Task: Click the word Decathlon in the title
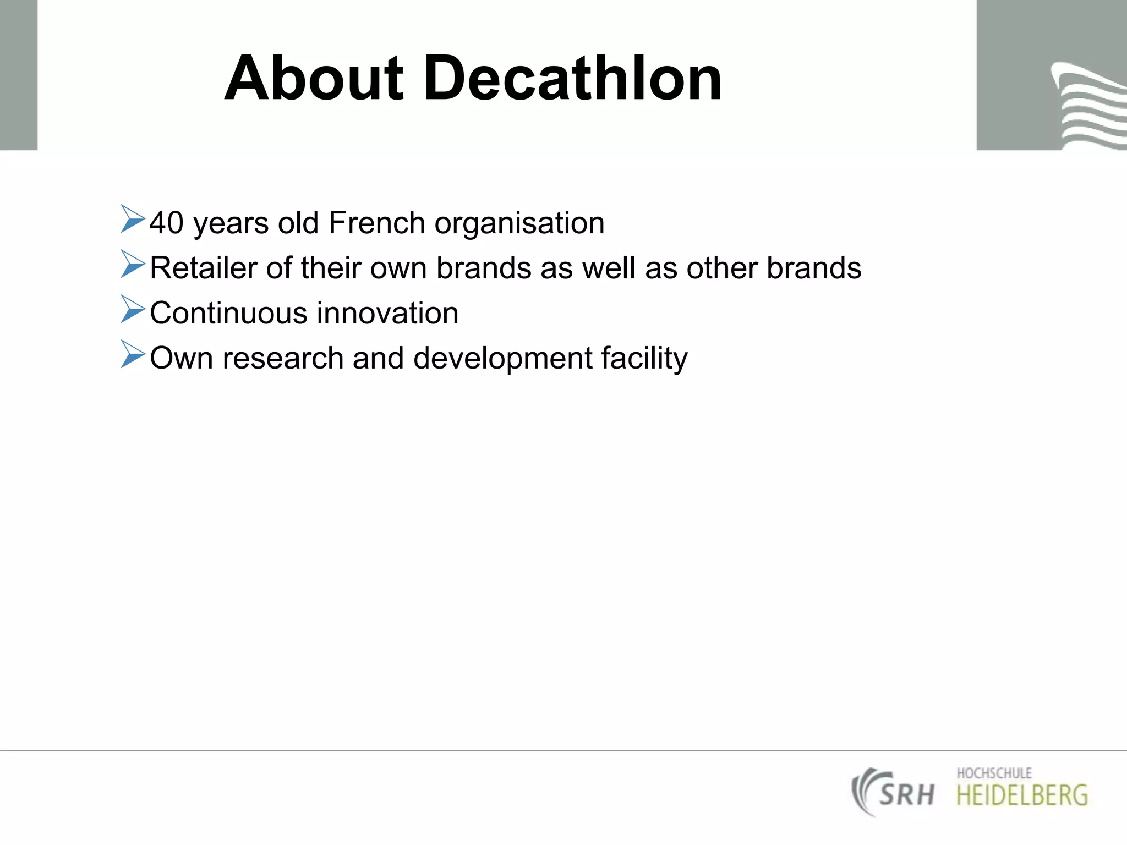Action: point(572,78)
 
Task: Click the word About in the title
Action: point(314,78)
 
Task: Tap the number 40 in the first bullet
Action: point(166,223)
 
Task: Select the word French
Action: point(376,223)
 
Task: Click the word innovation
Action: point(387,314)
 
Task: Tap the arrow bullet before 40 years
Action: point(132,218)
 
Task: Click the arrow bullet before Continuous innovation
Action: point(132,309)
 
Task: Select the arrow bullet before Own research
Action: point(132,354)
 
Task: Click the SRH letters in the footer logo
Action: point(906,794)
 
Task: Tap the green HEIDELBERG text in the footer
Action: point(1022,795)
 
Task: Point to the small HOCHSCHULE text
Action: point(994,773)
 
